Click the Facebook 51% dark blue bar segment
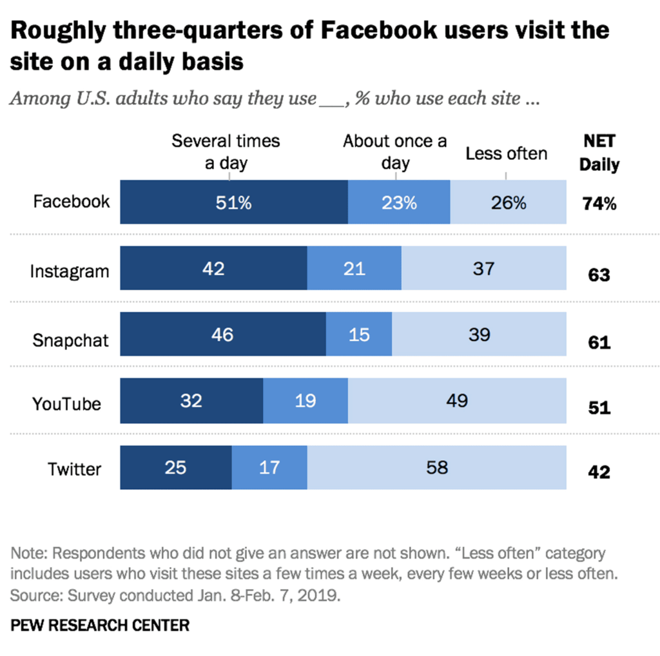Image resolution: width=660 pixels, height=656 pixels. click(233, 202)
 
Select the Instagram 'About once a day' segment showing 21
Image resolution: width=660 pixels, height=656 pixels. click(354, 268)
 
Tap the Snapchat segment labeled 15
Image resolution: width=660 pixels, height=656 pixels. click(359, 334)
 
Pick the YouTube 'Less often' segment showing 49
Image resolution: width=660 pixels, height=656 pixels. click(457, 400)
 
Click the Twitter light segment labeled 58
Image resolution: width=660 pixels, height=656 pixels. click(437, 467)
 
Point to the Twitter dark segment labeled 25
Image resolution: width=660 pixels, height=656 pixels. click(175, 467)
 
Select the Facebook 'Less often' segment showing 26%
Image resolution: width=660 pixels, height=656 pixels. click(508, 202)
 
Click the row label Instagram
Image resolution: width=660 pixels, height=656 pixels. click(70, 271)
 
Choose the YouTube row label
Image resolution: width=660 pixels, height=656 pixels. click(66, 404)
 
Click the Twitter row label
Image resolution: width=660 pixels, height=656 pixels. click(74, 469)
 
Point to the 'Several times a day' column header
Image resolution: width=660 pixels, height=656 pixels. click(226, 151)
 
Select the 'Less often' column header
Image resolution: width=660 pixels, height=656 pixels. click(506, 153)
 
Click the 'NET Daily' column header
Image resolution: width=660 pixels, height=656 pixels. click(599, 153)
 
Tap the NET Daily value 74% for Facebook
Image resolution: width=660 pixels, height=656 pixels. click(599, 204)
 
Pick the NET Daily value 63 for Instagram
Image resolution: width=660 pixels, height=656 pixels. click(599, 276)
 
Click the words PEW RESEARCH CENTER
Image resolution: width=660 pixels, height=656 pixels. click(100, 624)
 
